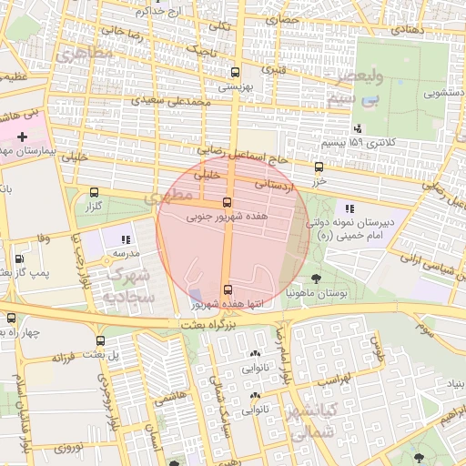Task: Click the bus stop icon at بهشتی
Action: [x=236, y=72]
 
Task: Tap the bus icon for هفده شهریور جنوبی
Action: [x=227, y=203]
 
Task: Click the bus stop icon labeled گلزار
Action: [x=95, y=193]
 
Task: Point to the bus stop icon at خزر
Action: [x=319, y=167]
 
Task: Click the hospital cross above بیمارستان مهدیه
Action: [x=23, y=136]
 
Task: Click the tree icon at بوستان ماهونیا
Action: [x=316, y=279]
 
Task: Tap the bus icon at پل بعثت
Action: [x=100, y=340]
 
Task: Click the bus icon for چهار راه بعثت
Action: [x=11, y=319]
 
